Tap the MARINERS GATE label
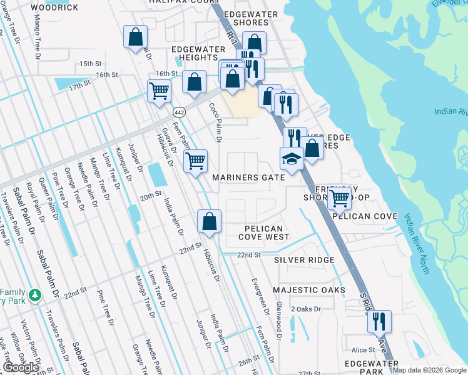pos(248,177)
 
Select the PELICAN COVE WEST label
pos(264,233)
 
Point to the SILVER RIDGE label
pos(304,259)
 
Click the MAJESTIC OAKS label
pos(308,291)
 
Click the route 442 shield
pos(178,111)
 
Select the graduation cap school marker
pos(292,159)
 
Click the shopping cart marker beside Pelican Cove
pos(339,197)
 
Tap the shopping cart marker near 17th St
pos(160,90)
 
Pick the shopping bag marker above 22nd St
pos(209,220)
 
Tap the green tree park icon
pos(36,294)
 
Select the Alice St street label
pos(362,351)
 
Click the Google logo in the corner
pos(20,367)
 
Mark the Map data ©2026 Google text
pos(429,370)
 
